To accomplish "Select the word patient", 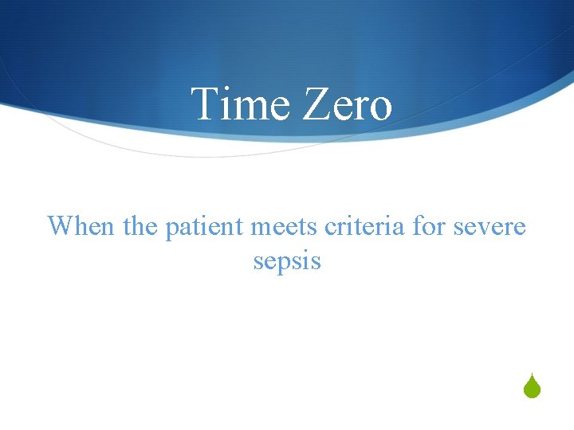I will click(x=206, y=227).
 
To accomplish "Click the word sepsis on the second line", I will click(x=287, y=261).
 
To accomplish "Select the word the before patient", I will click(x=142, y=226).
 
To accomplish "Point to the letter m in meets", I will click(x=261, y=229).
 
